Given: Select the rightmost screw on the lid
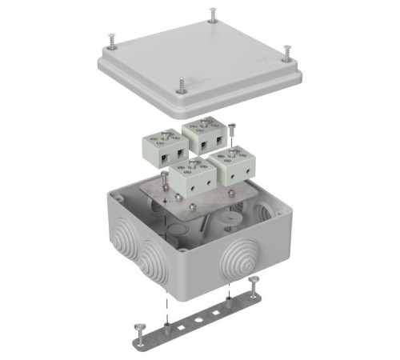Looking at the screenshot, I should (286, 51).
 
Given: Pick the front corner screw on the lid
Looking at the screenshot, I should (182, 84).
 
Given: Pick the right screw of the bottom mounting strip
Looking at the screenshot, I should (255, 281).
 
